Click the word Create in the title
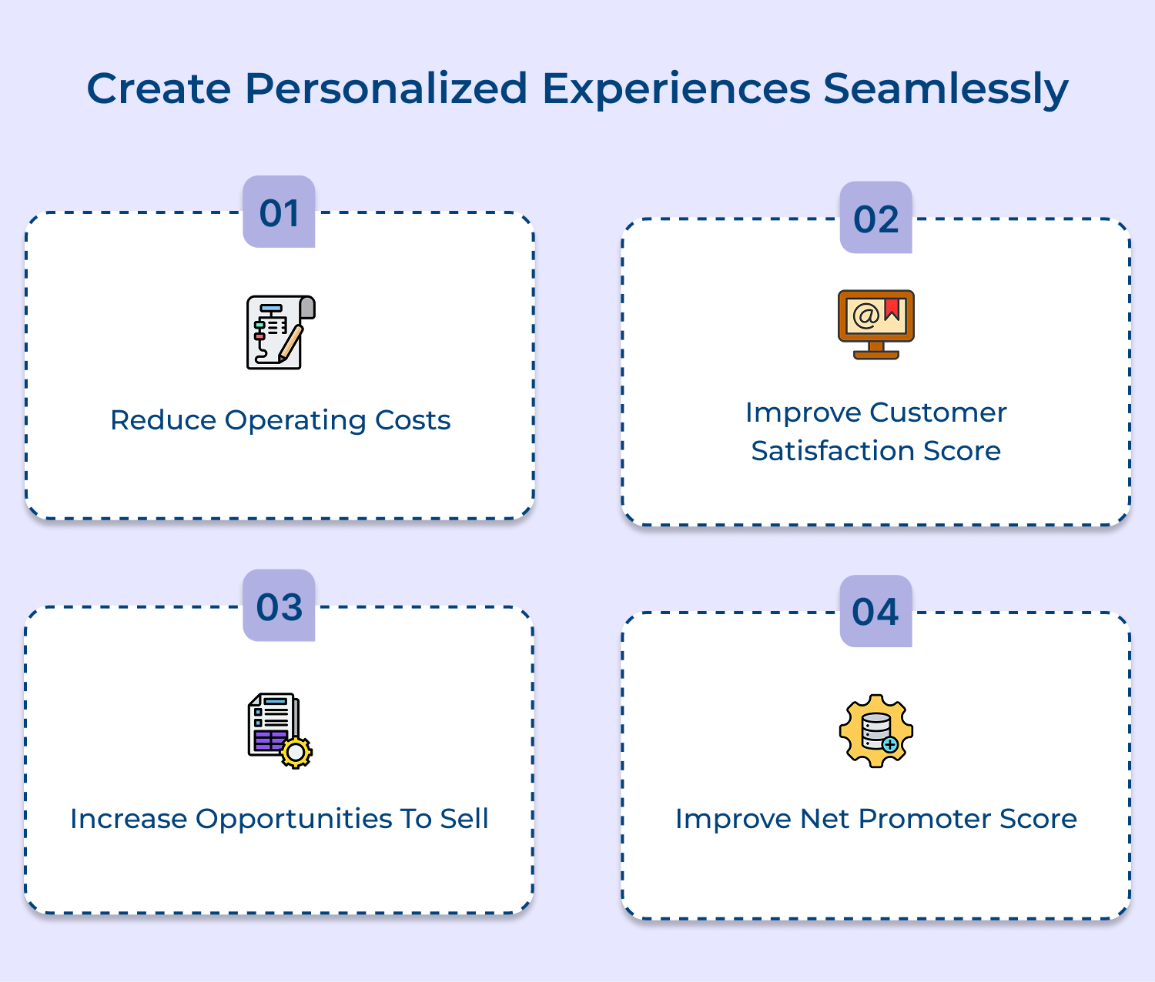(x=159, y=89)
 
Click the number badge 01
(x=279, y=212)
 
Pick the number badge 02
(x=875, y=219)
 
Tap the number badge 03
(x=279, y=606)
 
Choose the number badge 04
(x=875, y=612)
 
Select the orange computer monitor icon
(x=875, y=324)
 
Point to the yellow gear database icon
(x=875, y=730)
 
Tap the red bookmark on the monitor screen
(x=892, y=309)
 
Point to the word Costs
(x=413, y=420)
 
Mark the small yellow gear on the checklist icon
(x=296, y=752)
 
